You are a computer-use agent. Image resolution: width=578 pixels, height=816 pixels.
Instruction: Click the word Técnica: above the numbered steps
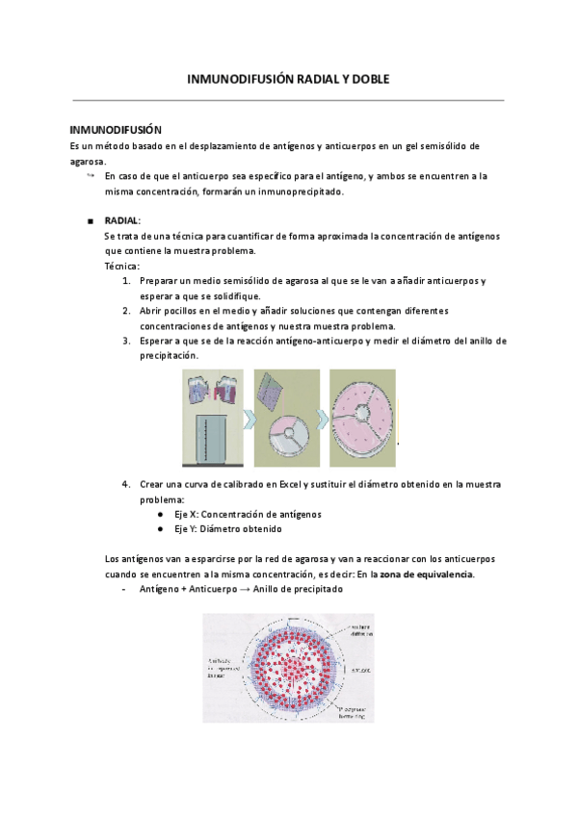tap(121, 265)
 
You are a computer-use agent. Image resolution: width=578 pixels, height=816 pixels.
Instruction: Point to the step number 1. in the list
tap(127, 280)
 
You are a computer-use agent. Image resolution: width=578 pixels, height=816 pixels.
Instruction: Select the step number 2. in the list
tap(127, 311)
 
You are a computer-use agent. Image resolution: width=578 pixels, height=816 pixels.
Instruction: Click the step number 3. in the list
tap(127, 341)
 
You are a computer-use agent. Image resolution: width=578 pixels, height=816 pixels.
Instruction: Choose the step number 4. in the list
tap(127, 483)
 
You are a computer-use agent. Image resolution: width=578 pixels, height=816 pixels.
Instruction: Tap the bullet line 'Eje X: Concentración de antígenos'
tap(248, 514)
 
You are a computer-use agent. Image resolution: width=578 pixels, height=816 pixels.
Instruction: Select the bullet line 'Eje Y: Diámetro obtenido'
tap(227, 529)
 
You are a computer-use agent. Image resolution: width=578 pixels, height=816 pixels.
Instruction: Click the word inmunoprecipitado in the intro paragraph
tap(303, 191)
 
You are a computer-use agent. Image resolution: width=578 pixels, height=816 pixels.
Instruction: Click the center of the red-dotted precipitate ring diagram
tap(288, 668)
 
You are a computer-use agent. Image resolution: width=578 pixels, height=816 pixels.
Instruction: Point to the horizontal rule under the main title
tap(288, 100)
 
